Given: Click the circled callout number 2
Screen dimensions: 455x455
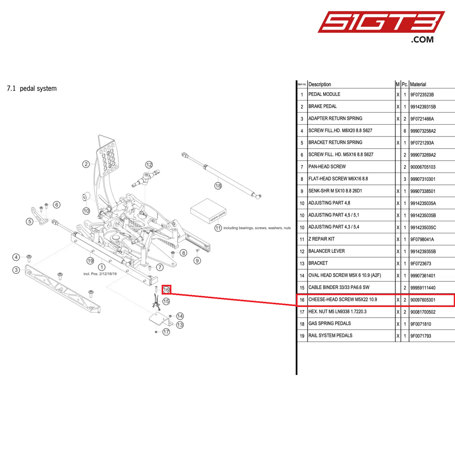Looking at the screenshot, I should tap(86, 164).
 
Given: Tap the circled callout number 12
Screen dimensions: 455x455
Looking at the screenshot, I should tap(149, 165).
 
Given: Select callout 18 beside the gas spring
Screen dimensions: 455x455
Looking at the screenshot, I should tap(218, 186).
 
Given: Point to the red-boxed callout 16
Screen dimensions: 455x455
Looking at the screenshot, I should tap(166, 289).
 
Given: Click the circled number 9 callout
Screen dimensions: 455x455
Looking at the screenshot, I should tap(197, 260).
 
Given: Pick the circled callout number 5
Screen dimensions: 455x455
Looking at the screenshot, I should tap(30, 221).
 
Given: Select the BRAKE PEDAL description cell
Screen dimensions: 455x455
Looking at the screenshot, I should tap(322, 106).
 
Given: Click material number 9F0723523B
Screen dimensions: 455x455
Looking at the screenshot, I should tap(422, 94).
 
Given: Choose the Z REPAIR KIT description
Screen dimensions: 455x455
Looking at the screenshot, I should tap(321, 239).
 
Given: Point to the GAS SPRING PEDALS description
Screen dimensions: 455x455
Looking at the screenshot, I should tap(329, 323).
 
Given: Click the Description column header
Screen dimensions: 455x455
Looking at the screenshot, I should tap(320, 84).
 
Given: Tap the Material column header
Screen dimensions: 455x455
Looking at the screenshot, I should tap(418, 84).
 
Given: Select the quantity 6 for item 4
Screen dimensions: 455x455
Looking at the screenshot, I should tap(405, 131).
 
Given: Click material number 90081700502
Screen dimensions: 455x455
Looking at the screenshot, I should tap(423, 312).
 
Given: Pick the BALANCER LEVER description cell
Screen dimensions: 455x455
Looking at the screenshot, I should tap(327, 251).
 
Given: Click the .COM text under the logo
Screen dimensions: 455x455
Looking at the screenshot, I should tap(422, 40).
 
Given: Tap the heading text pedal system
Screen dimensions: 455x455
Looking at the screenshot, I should tap(38, 88).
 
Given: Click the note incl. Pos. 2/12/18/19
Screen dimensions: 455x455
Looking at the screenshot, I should tap(100, 274).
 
